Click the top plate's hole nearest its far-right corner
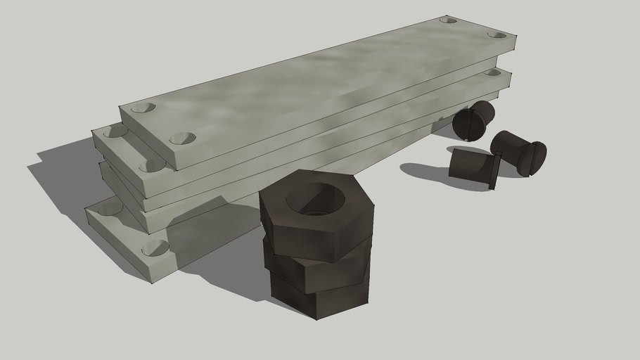coord(497,34)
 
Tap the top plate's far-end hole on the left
coord(448,20)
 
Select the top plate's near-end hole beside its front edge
coord(182,139)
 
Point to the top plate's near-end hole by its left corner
coord(143,108)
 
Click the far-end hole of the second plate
coord(492,72)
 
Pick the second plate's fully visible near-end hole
coord(152,165)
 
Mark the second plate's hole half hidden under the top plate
coord(115,131)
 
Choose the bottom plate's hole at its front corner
coord(155,247)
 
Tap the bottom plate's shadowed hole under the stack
coord(110,208)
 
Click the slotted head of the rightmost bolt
coord(531,158)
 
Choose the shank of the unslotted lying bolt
coord(469,165)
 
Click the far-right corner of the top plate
coord(516,37)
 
